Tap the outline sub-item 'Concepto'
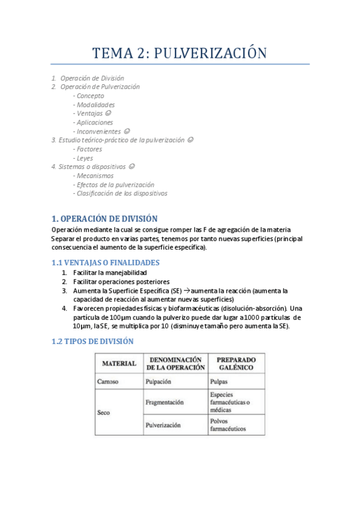point(90,96)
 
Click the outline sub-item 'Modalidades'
point(96,105)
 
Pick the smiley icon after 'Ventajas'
point(108,113)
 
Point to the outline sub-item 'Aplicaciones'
point(94,122)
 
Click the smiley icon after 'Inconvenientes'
point(127,131)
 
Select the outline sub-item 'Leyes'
point(85,158)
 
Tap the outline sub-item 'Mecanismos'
point(95,176)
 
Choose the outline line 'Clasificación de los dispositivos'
point(121,194)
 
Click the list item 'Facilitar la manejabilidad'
point(110,272)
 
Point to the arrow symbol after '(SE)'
point(186,290)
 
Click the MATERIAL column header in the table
point(119,364)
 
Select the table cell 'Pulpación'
point(159,381)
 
